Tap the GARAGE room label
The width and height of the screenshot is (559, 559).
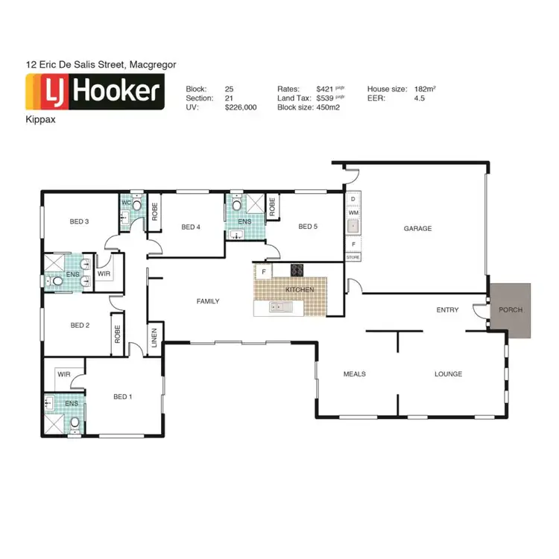[417, 229]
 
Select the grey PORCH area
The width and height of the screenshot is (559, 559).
[511, 310]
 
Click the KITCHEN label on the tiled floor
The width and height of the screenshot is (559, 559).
[300, 289]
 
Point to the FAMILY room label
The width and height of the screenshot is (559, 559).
[207, 301]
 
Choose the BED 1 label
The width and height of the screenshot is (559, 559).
[121, 397]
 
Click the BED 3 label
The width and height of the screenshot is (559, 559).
[80, 221]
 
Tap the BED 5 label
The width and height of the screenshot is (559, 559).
[308, 227]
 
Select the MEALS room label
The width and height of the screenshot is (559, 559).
[354, 374]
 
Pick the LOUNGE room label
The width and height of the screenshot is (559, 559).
[449, 374]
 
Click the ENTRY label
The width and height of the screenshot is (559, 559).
[447, 310]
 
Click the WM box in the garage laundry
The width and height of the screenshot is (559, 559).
[353, 213]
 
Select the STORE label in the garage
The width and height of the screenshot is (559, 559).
[353, 257]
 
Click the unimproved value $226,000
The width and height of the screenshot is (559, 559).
[241, 107]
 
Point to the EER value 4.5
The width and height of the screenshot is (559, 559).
[419, 98]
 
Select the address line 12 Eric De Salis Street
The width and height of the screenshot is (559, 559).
[101, 65]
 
